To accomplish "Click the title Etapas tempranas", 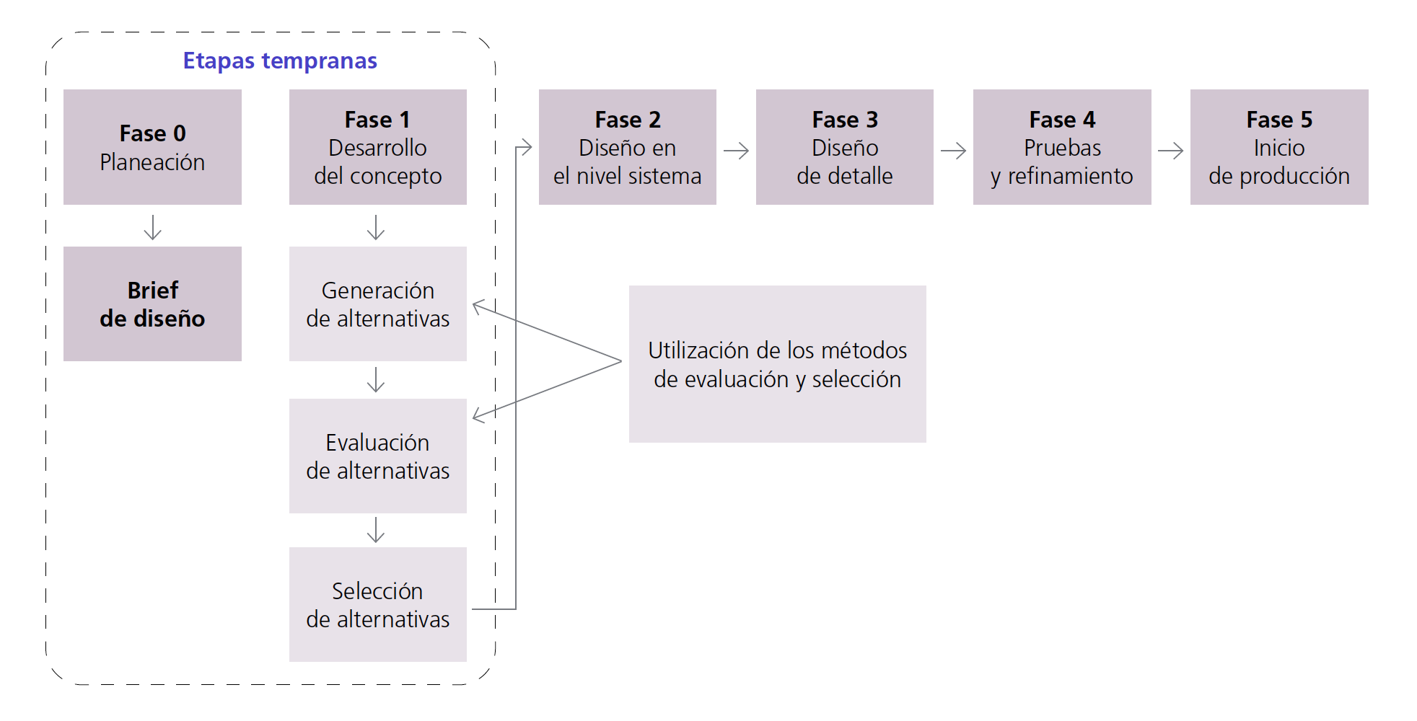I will coord(280,61).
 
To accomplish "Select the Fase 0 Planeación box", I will coord(152,147).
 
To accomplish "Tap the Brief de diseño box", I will coord(152,304).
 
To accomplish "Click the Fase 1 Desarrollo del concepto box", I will coord(377,147).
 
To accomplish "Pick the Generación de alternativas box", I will coord(377,304).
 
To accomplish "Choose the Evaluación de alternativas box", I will coord(377,456).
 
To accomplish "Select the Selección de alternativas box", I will coord(377,604).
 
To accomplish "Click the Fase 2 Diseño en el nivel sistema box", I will coord(627,147).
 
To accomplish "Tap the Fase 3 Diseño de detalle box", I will coord(844,147).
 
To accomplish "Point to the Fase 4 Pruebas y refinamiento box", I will coord(1061,147).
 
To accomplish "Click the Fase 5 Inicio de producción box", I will coord(1278,147).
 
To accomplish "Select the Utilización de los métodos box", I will coord(777,364).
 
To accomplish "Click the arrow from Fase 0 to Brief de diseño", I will coord(152,226).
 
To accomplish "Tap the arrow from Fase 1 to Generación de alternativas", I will coord(376,226).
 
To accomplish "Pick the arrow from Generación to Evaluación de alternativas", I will coord(376,379).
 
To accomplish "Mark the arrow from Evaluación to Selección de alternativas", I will coord(376,530).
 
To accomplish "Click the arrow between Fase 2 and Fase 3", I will coord(736,151).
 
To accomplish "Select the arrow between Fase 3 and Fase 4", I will coord(953,151).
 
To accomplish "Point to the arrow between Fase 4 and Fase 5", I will coord(1170,151).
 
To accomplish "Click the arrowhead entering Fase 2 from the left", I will coord(527,148).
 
